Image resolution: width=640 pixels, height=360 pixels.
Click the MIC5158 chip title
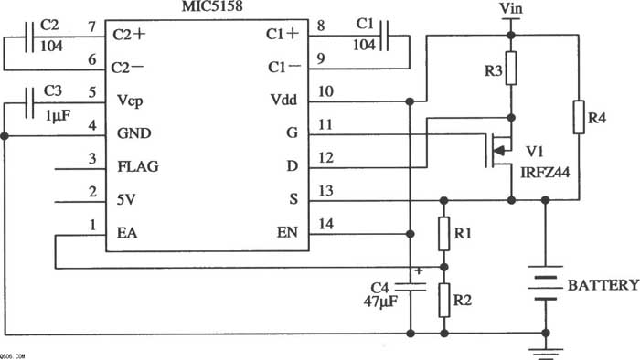point(212,6)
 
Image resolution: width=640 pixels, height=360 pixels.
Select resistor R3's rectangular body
point(511,69)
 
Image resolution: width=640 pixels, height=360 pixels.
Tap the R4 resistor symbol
point(579,117)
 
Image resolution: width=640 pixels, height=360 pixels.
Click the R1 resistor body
point(444,234)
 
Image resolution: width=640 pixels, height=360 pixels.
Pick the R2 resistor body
point(444,300)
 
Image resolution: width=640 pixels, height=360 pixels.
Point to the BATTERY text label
point(603,285)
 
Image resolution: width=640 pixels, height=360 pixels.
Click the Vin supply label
point(511,7)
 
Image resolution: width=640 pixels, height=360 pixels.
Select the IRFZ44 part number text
point(545,173)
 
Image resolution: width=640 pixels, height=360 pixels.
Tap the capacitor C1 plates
point(384,36)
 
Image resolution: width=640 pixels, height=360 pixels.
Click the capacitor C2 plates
point(29,37)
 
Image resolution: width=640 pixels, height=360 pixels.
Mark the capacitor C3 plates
point(29,103)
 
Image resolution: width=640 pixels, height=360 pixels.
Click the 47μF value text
point(380,302)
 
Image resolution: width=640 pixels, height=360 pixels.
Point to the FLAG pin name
point(138,166)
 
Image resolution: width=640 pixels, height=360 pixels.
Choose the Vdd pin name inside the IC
point(283,100)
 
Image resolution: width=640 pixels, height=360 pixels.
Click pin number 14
point(325,224)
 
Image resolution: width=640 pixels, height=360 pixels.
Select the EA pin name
point(127,232)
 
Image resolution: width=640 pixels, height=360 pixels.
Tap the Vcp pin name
point(130,101)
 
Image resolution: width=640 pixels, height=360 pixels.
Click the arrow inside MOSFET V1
point(499,152)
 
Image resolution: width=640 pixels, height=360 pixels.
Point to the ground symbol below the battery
point(546,353)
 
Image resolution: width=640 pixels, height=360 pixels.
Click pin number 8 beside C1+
point(321,26)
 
